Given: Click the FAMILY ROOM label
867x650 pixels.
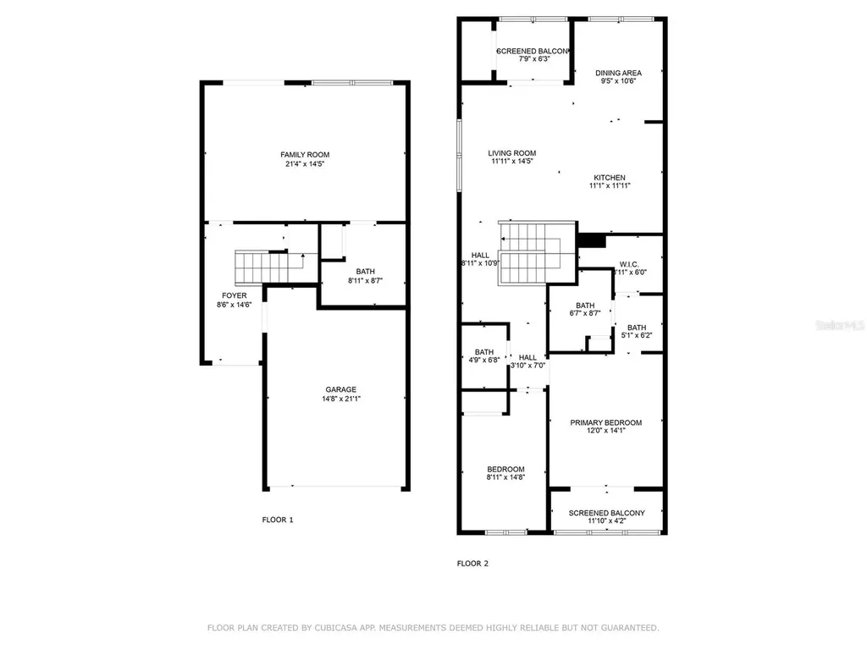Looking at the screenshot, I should [305, 154].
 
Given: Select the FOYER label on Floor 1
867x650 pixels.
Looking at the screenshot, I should [235, 295].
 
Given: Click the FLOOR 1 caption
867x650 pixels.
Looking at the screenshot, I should [278, 520].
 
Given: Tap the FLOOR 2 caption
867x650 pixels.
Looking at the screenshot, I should [472, 563].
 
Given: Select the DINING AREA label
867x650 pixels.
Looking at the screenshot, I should [618, 73].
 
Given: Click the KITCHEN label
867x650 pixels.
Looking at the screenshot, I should [610, 177].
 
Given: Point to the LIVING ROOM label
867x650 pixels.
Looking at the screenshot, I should [512, 153].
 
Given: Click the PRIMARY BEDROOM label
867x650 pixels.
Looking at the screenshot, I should [605, 422].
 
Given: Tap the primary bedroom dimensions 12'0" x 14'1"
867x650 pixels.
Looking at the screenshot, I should [605, 432].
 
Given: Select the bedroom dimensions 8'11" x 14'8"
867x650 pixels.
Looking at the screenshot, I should [505, 478].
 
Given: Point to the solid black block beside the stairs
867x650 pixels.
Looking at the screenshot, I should [592, 240].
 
